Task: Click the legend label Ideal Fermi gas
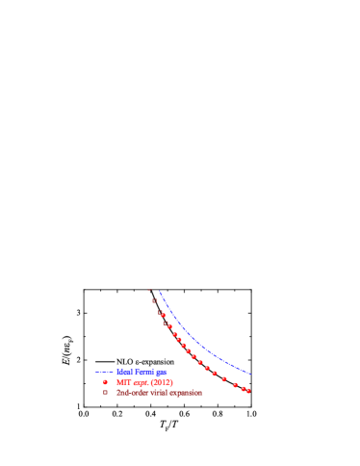click(141, 371)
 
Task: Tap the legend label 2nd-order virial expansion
click(160, 393)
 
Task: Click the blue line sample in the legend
click(104, 371)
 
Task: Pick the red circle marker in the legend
click(105, 382)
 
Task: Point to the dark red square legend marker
click(105, 393)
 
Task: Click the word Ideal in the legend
click(123, 371)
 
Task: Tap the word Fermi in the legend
click(142, 371)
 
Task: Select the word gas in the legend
click(161, 371)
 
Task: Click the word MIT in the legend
click(122, 382)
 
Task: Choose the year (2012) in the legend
click(162, 382)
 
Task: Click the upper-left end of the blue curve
click(159, 290)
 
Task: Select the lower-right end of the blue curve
click(252, 375)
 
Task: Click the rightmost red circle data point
click(248, 391)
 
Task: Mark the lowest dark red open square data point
click(160, 312)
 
